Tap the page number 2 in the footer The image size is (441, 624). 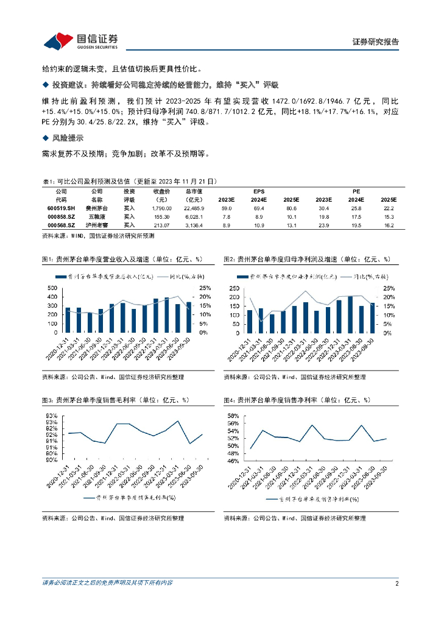[397, 583]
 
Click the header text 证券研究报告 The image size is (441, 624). [376, 42]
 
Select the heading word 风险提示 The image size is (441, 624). [67, 138]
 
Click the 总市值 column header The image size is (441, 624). [194, 191]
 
